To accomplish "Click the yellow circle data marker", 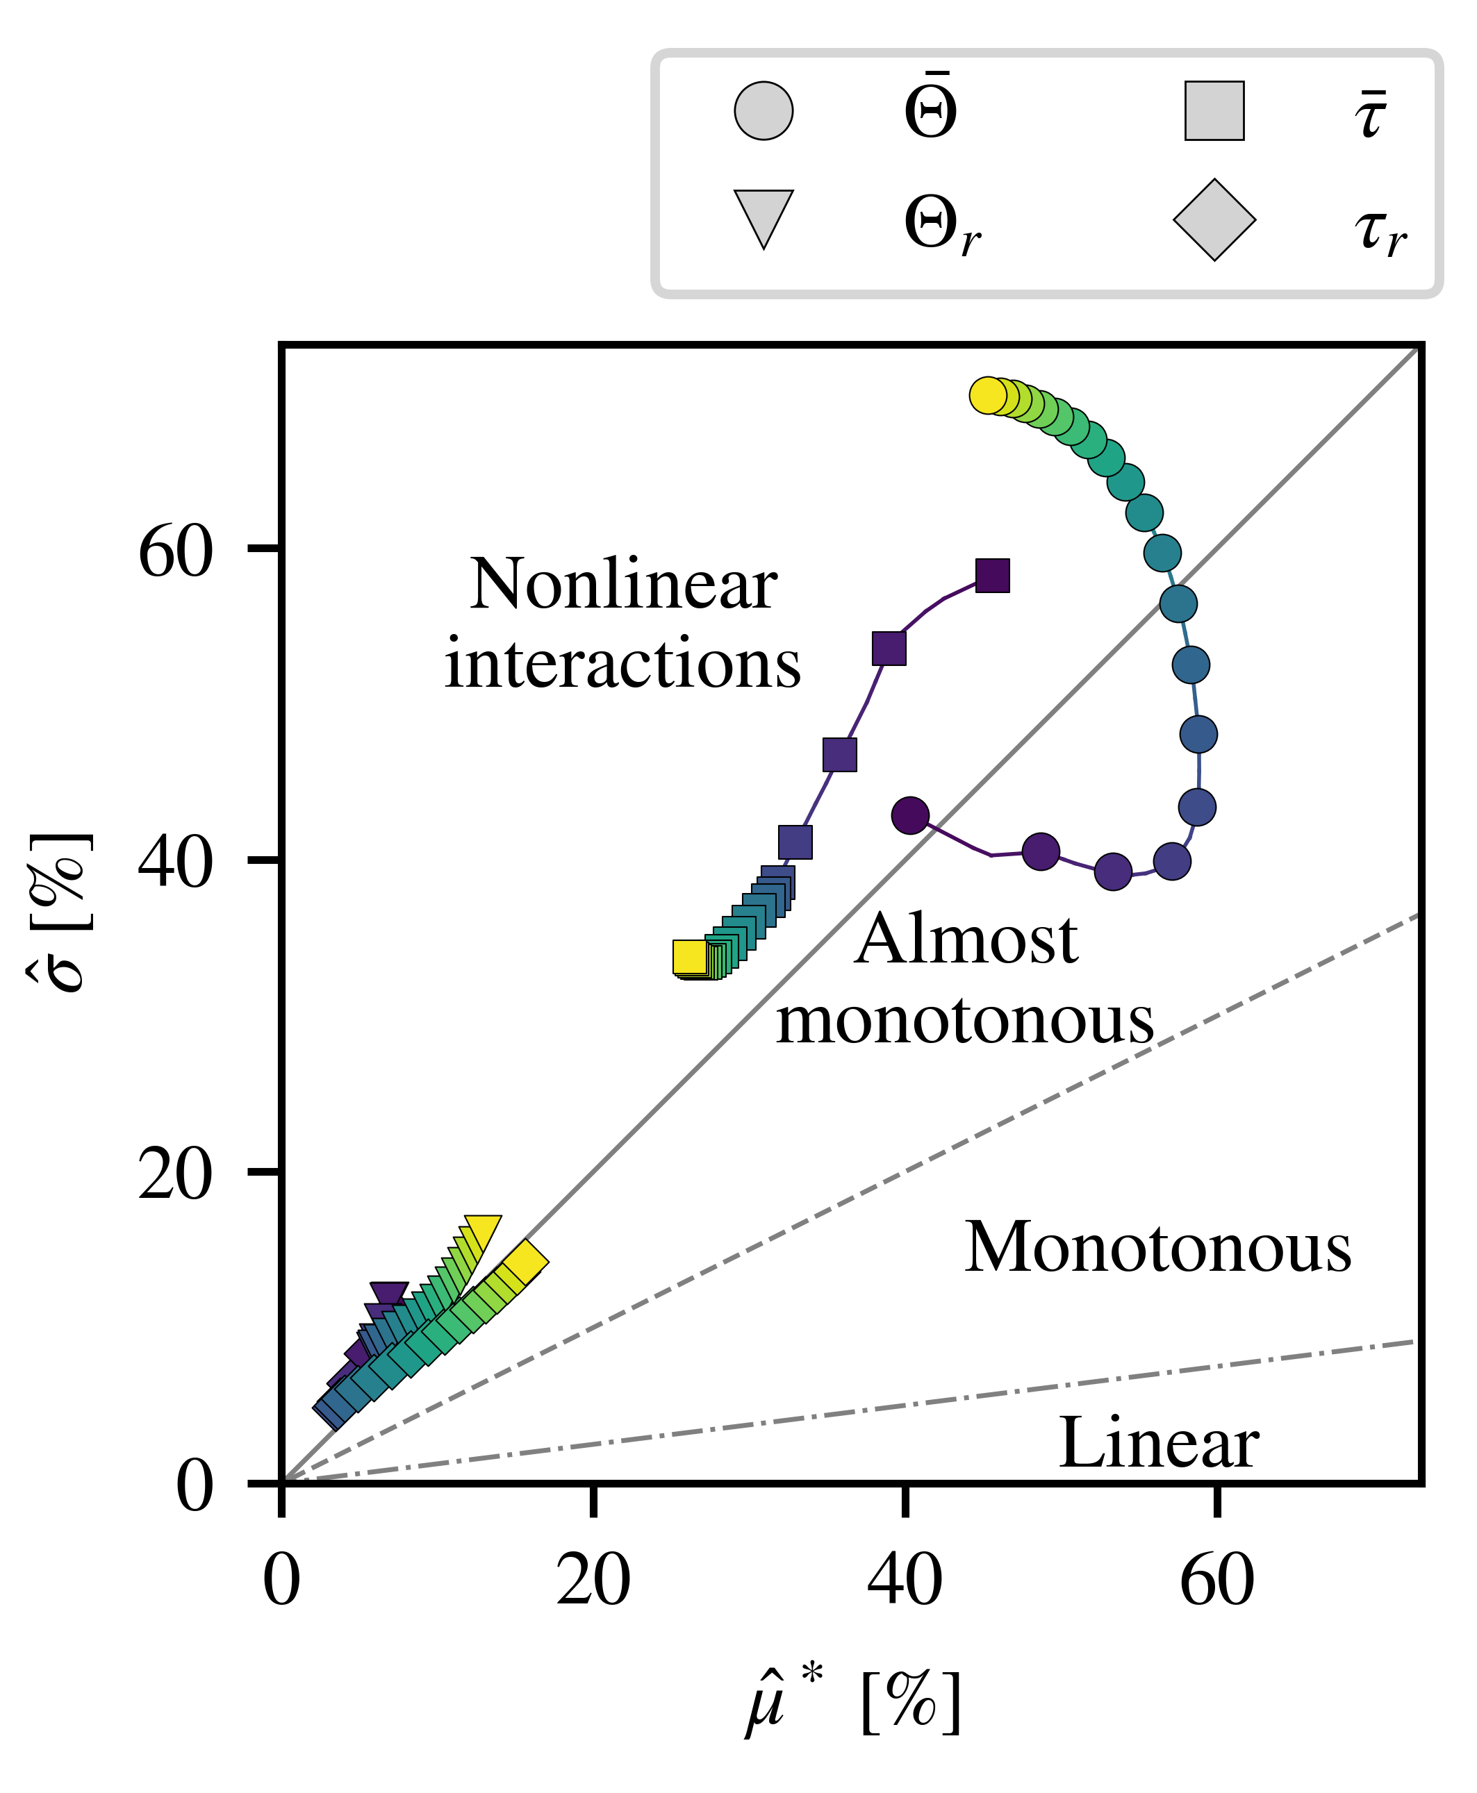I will pos(987,396).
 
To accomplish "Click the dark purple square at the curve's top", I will pos(992,576).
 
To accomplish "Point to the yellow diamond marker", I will pos(525,1260).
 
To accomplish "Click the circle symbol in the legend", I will pos(764,110).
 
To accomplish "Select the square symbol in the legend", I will pos(1214,110).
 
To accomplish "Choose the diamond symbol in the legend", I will pos(1214,219).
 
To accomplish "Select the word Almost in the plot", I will pos(966,940).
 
